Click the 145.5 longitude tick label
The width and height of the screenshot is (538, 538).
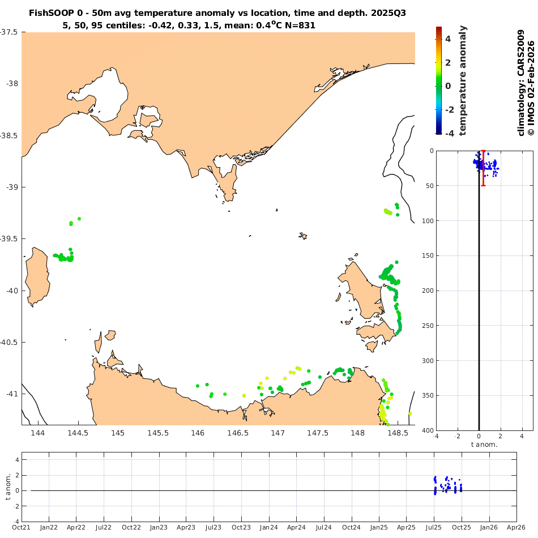(158, 434)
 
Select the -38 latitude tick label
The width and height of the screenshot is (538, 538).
(12, 84)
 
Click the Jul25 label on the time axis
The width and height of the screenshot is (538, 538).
(434, 527)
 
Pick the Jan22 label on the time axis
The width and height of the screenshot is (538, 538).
(49, 527)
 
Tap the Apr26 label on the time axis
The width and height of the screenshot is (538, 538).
(516, 527)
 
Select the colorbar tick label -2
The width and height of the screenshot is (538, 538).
(447, 110)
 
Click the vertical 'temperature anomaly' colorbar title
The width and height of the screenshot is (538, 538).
(463, 80)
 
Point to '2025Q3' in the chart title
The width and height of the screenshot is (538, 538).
(391, 12)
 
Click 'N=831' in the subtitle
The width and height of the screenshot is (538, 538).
(298, 25)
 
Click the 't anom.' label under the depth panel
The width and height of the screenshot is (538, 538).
(485, 445)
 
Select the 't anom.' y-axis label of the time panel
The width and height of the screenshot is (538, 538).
(8, 487)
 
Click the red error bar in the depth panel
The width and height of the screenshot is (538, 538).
(483, 168)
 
